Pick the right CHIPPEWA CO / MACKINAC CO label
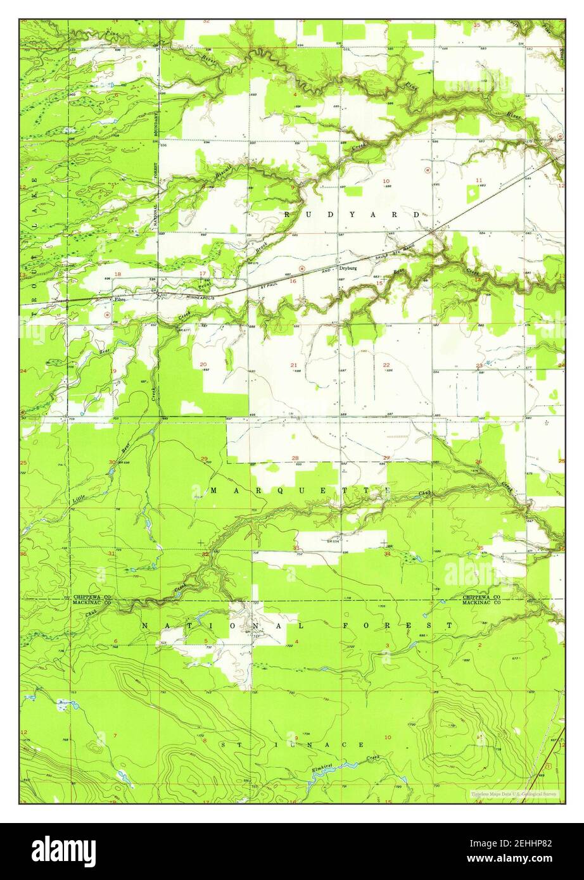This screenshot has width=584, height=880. pyautogui.click(x=481, y=600)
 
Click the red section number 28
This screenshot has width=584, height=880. pyautogui.click(x=295, y=458)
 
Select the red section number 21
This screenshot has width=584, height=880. pyautogui.click(x=294, y=365)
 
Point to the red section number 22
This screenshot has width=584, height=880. pyautogui.click(x=386, y=365)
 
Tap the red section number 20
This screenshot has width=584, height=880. pyautogui.click(x=203, y=364)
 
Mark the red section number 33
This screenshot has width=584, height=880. pyautogui.click(x=296, y=548)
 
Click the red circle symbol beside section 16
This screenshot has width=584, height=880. pyautogui.click(x=303, y=268)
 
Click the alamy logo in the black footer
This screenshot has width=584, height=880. pyautogui.click(x=63, y=851)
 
